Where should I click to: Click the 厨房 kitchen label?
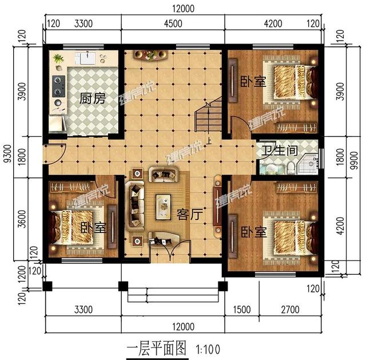click(93, 98)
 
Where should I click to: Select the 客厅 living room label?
click(189, 215)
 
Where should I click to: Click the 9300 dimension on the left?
click(7, 155)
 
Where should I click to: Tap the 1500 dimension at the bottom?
click(242, 310)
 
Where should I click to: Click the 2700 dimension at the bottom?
click(291, 310)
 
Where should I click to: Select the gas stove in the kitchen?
click(57, 85)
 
